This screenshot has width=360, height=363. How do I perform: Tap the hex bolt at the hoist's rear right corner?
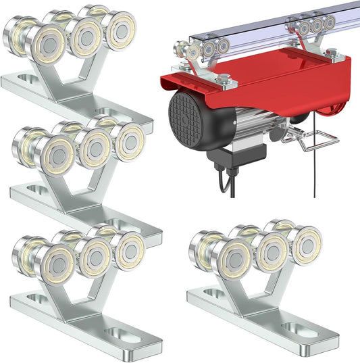point(332,52)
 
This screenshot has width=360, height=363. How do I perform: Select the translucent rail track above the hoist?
point(270,27)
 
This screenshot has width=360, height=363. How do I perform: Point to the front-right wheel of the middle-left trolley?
point(129,142)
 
